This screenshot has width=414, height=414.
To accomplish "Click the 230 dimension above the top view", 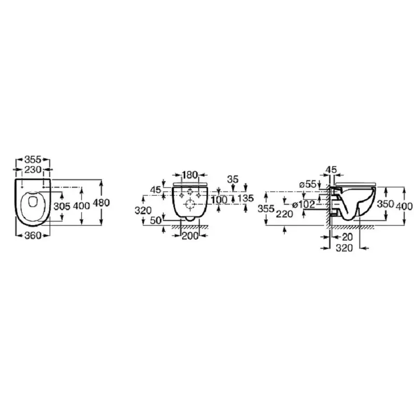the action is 33,170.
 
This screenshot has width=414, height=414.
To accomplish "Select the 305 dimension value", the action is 62,206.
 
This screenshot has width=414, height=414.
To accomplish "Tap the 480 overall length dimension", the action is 102,202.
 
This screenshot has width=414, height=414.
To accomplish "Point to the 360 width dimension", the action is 33,235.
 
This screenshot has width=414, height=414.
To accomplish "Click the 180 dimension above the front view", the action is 190,174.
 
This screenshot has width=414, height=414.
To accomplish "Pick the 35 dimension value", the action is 232,179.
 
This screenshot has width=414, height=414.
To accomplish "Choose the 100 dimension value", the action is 219,200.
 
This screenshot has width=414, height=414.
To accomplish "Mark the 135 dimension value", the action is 245,198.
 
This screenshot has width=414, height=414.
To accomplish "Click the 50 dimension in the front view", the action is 156,220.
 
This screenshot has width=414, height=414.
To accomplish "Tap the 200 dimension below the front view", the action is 190,236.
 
